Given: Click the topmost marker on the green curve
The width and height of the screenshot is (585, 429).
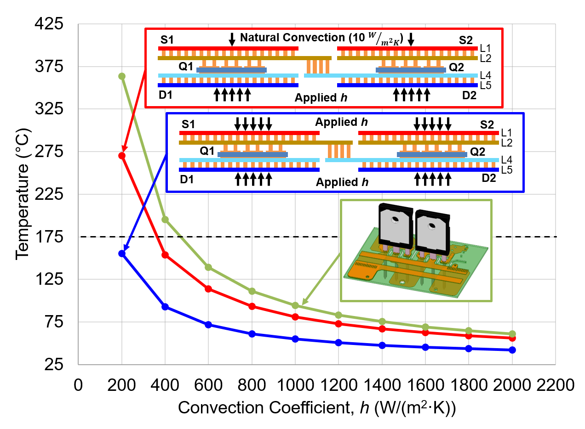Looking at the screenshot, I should tap(122, 76).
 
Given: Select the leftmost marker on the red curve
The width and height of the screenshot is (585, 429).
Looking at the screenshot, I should tap(122, 155).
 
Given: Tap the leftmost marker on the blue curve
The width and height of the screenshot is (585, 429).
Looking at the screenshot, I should tap(122, 253).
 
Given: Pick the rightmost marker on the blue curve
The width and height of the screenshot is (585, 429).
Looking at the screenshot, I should tap(512, 350).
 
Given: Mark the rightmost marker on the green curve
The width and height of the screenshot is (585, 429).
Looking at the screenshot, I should tap(512, 334).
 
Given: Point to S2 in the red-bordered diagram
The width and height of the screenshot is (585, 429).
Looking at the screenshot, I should tap(466, 40).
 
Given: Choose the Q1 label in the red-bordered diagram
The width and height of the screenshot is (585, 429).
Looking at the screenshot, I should tap(186, 67).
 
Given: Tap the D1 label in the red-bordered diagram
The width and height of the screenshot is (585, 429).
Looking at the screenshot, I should tap(166, 96).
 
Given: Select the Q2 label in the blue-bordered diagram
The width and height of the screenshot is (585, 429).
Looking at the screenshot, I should tap(477, 152).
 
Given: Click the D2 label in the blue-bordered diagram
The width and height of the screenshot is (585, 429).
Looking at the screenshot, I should tap(488, 178).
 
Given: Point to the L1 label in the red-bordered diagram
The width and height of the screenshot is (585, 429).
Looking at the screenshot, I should tap(485, 48).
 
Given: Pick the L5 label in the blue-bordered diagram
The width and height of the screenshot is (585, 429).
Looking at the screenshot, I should tap(506, 170).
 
